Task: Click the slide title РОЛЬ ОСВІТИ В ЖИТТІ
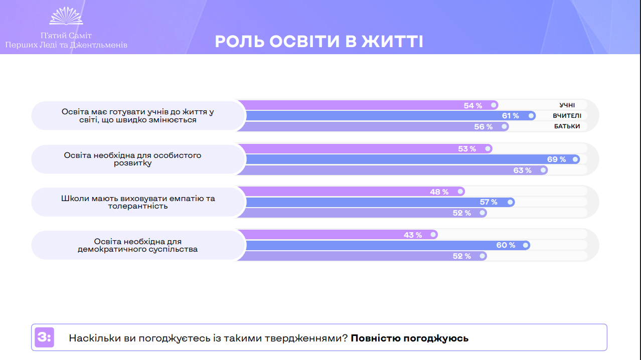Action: click(x=319, y=42)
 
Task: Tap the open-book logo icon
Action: click(x=66, y=16)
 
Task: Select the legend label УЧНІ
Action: click(x=567, y=105)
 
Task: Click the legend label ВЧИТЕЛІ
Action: click(x=567, y=116)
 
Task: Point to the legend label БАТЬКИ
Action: click(x=567, y=126)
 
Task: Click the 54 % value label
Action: click(x=473, y=105)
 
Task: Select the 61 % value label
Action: click(x=510, y=116)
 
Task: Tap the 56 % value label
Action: click(x=484, y=127)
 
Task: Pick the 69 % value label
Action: click(x=556, y=159)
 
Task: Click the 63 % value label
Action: click(x=522, y=170)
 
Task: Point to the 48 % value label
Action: click(x=439, y=192)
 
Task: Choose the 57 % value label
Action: click(x=488, y=202)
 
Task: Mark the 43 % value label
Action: click(x=413, y=235)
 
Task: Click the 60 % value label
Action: click(x=506, y=245)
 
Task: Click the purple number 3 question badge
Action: click(x=44, y=337)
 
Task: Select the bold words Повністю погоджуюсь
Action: click(x=409, y=338)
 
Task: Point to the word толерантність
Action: click(x=138, y=206)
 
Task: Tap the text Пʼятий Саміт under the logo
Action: click(x=66, y=36)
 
